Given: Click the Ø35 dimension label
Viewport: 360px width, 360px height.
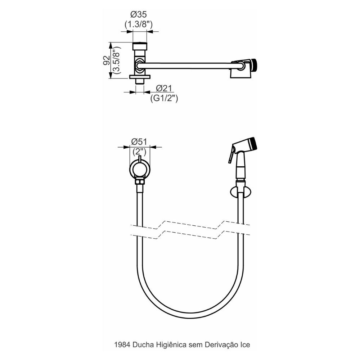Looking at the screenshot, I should coord(139,15).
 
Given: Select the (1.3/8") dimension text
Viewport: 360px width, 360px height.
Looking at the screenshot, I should coord(139,25).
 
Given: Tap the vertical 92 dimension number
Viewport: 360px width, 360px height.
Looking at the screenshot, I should coord(106,60).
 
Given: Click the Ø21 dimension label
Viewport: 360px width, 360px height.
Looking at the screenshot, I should coord(164,88).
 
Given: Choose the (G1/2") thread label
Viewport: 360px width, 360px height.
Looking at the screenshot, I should coord(164,98).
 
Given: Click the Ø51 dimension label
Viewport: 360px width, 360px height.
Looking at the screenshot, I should coord(140,141).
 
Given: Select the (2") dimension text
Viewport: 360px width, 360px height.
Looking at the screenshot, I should coord(140,151).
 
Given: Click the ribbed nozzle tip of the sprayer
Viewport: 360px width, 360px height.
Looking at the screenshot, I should coord(254,143).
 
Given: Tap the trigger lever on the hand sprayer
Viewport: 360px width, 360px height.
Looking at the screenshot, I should coord(230,157).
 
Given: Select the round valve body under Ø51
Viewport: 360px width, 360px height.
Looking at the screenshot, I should coord(140,169).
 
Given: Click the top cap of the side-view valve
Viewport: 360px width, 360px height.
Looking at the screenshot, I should coord(140,46).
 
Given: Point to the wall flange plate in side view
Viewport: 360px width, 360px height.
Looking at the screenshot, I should coord(140,77).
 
